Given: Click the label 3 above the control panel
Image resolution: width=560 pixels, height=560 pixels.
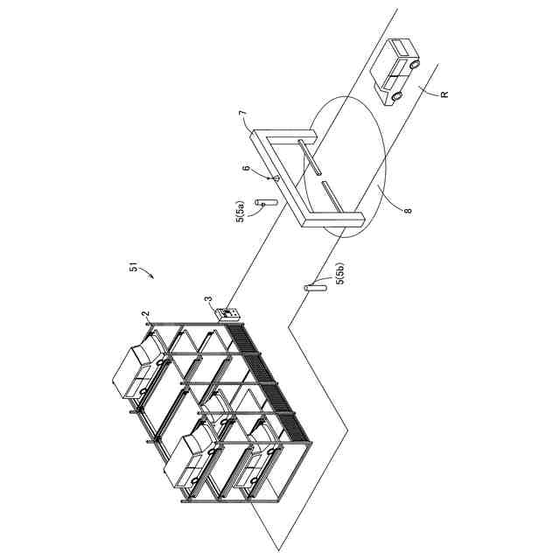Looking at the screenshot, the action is pyautogui.click(x=208, y=300).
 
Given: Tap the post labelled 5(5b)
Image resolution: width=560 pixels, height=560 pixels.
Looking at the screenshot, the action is pyautogui.click(x=311, y=287).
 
